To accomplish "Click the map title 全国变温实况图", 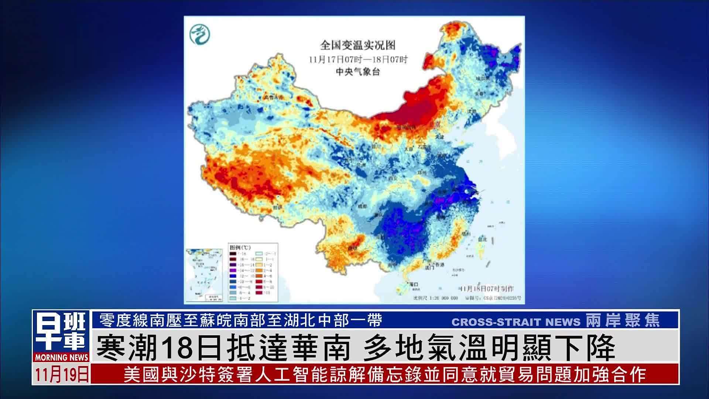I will [x=357, y=45].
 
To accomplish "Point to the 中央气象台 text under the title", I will [x=357, y=72].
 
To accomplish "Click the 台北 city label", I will [x=483, y=239].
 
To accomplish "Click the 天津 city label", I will [x=439, y=137].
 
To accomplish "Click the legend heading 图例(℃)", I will [x=240, y=247].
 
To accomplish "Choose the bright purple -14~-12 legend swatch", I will [x=232, y=270].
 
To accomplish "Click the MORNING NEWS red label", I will [x=61, y=357].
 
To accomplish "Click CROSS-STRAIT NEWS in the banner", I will [x=516, y=322].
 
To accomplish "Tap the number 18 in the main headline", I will [x=174, y=348].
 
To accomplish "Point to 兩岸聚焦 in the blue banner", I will [x=623, y=321].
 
